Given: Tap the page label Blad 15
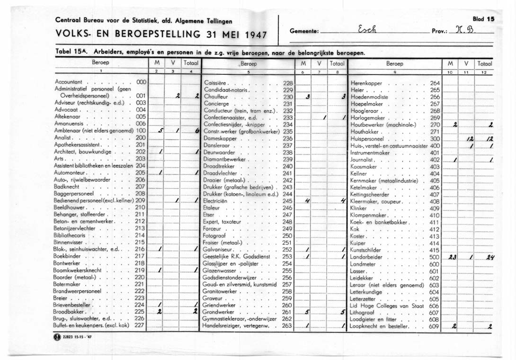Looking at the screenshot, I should click(483, 19).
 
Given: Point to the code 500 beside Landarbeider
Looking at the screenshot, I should click(435, 257).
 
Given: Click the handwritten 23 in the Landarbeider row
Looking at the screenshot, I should click(452, 257).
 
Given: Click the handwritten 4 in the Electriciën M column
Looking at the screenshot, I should click(307, 201).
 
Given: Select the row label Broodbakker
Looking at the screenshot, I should click(69, 312).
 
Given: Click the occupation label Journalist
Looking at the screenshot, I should click(362, 160).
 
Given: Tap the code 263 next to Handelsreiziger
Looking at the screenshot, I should click(287, 326).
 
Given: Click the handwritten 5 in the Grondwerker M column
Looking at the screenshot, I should click(307, 312).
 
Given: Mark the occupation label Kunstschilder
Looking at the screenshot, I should click(365, 250).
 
